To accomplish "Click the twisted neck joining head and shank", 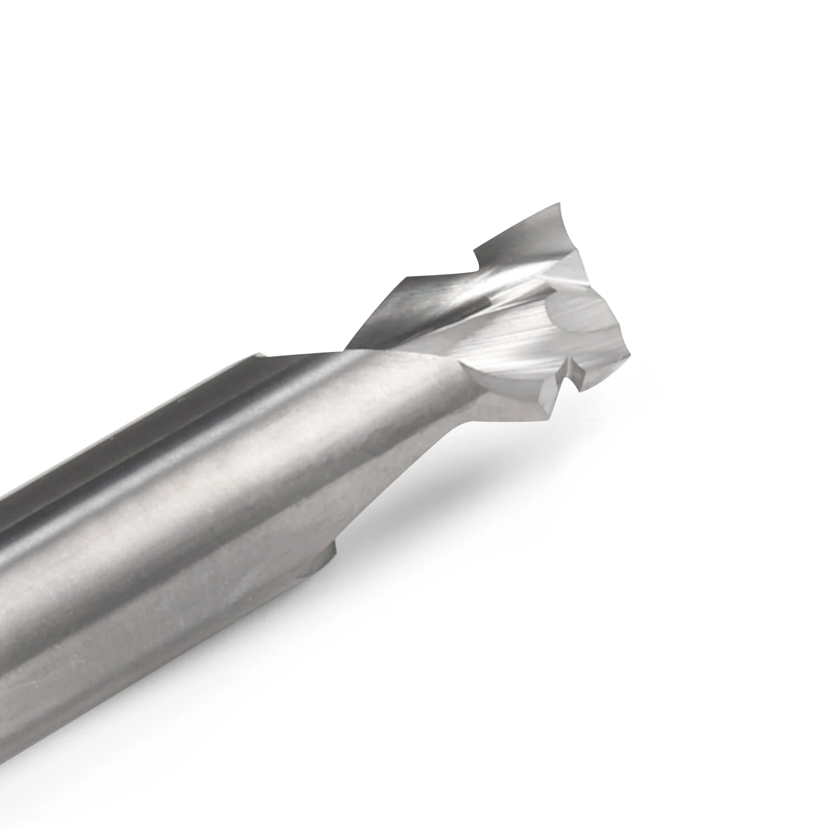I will point(374,333).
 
